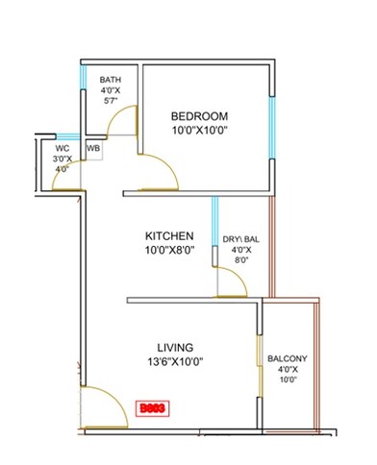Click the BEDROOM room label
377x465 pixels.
(x=200, y=115)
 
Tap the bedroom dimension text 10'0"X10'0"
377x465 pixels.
(x=200, y=131)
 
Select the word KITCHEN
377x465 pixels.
(x=170, y=236)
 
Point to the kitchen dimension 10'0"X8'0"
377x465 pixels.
(x=170, y=252)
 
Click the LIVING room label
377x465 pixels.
(x=176, y=347)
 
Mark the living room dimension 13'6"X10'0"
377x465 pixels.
(x=176, y=362)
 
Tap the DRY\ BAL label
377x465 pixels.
(x=240, y=238)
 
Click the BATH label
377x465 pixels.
(x=111, y=80)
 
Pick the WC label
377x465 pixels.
(x=63, y=149)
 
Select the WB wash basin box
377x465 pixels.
(x=93, y=149)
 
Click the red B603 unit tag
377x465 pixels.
(x=152, y=407)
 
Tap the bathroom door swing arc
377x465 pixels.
(x=122, y=120)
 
